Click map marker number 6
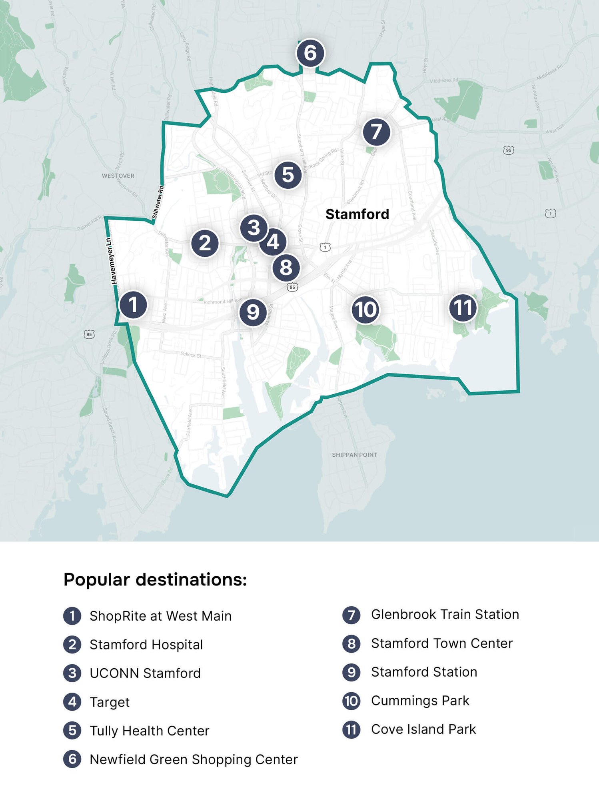click(310, 53)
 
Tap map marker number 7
click(376, 132)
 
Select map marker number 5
click(288, 175)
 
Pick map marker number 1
click(133, 305)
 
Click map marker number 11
click(463, 308)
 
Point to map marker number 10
click(365, 310)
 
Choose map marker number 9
click(253, 312)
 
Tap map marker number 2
click(205, 243)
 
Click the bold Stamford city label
click(357, 214)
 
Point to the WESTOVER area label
click(118, 176)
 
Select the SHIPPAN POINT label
click(354, 455)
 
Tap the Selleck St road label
click(191, 354)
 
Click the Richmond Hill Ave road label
click(223, 301)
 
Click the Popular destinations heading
click(155, 579)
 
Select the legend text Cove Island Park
click(423, 729)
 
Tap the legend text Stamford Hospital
click(146, 645)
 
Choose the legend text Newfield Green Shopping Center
click(194, 759)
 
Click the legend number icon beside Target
click(72, 702)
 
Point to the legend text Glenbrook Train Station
click(445, 614)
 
